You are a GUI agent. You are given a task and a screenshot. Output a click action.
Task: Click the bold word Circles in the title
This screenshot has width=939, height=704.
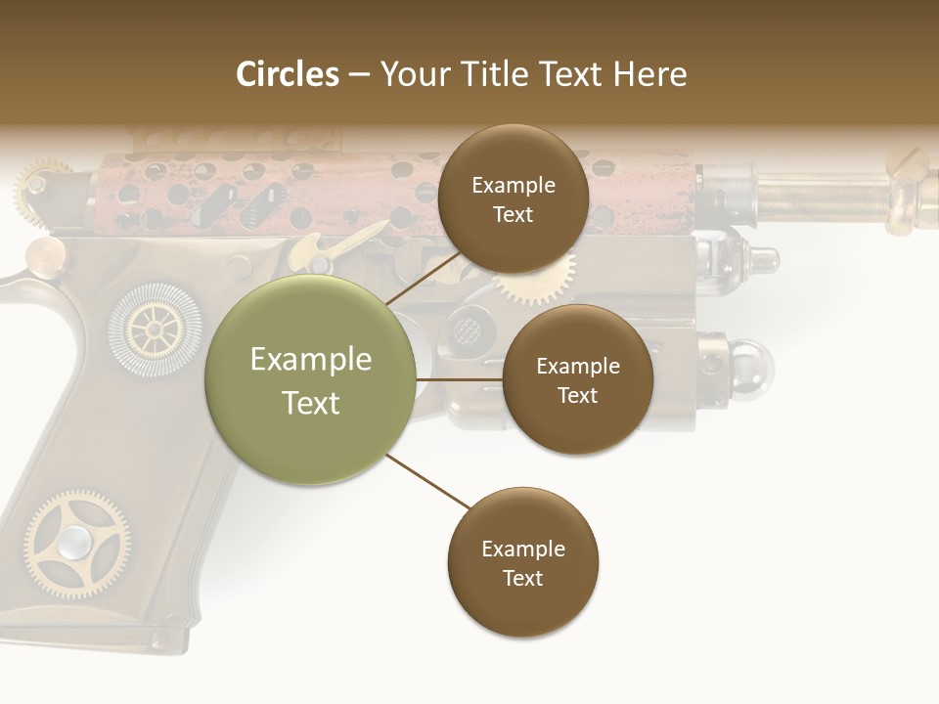288,74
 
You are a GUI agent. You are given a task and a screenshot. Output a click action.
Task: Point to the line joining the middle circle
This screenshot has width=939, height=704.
460,379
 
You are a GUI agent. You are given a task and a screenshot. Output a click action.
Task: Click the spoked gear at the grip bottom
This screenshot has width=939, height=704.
76,542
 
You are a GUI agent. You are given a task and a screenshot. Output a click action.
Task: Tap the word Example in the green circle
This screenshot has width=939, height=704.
311,360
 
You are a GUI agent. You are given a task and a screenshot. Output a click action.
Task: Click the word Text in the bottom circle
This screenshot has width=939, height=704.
522,578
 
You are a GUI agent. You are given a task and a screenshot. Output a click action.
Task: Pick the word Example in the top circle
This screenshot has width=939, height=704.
513,185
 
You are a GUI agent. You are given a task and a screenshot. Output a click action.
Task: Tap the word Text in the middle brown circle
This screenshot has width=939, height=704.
577,395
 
